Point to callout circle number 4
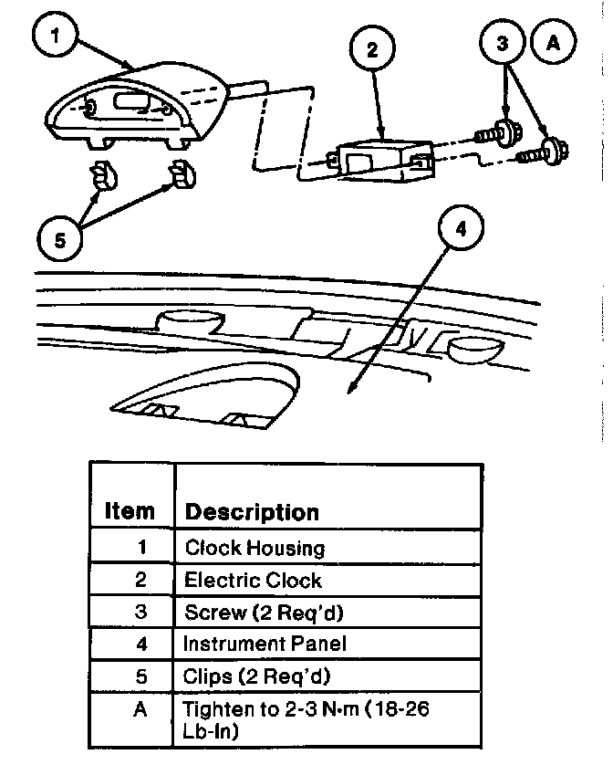click(x=460, y=229)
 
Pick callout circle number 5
click(x=59, y=241)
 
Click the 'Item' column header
click(x=130, y=510)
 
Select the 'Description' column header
click(x=252, y=511)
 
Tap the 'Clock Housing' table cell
click(x=255, y=548)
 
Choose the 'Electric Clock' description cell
click(x=253, y=580)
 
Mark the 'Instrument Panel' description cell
click(x=265, y=644)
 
